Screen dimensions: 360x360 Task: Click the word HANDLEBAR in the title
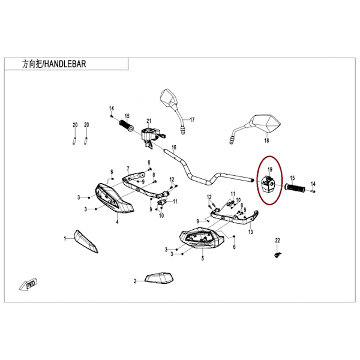point(65,64)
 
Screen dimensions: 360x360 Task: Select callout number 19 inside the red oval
point(270,169)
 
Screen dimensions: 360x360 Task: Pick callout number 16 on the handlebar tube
point(174,147)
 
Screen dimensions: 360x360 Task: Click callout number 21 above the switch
point(149,121)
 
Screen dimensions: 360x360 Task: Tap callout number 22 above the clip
point(278,241)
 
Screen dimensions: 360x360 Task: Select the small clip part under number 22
point(278,254)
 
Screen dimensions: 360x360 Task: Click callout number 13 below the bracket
point(250,232)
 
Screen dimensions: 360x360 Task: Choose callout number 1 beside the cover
point(65,239)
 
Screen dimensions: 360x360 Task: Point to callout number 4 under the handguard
point(118,222)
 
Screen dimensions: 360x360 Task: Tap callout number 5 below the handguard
point(203,258)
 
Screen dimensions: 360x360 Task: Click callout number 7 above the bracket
point(128,169)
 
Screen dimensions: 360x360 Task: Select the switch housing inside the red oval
point(268,184)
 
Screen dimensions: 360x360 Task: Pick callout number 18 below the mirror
point(266,140)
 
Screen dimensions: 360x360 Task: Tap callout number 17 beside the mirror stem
point(192,119)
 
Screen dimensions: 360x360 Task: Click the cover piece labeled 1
point(86,242)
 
